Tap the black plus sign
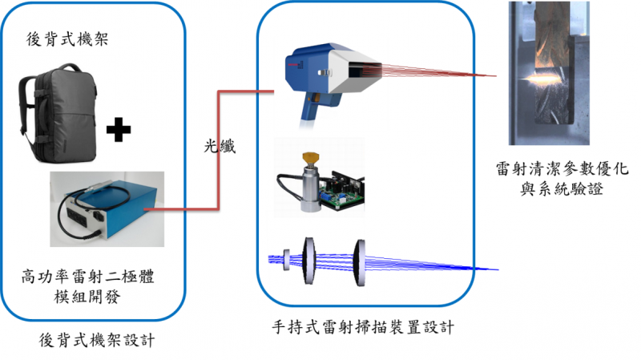point(118,128)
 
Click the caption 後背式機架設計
point(97,341)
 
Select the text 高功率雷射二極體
point(88,278)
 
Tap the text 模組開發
point(88,297)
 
